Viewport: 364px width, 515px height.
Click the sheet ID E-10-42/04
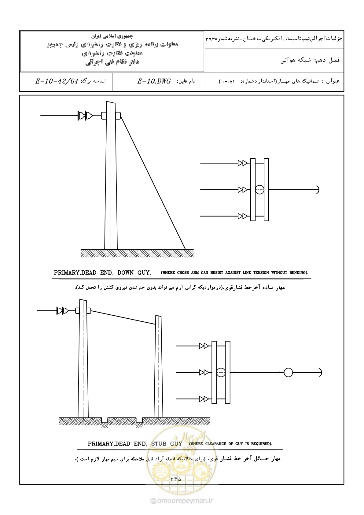(57, 81)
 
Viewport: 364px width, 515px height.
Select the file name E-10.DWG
(154, 81)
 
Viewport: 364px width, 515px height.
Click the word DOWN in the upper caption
(126, 273)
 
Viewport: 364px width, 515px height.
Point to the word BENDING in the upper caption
(298, 273)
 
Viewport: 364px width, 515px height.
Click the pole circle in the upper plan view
(260, 190)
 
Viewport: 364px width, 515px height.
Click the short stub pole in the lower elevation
(159, 366)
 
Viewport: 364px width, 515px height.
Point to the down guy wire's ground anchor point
(185, 249)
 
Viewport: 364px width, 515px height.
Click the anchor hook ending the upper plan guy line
(318, 190)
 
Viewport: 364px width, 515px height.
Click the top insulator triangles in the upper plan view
(243, 163)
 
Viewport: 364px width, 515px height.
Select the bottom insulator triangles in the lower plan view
(204, 399)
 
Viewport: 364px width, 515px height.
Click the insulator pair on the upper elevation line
(85, 115)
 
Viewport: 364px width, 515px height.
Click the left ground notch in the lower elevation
(105, 420)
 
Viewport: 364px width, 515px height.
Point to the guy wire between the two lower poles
(123, 317)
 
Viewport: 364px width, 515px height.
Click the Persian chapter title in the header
(310, 61)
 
